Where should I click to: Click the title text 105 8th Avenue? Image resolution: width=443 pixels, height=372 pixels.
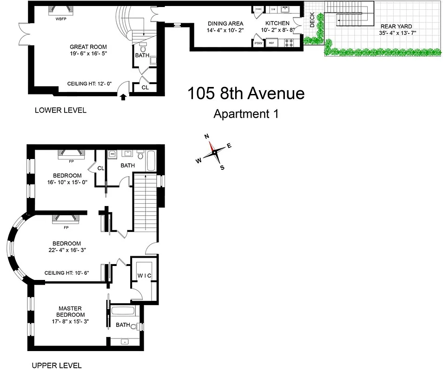click(x=246, y=93)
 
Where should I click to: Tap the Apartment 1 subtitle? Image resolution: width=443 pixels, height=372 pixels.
click(x=245, y=113)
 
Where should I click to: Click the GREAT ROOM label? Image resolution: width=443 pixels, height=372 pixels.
click(x=88, y=47)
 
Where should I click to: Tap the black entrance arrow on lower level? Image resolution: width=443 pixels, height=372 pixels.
click(x=123, y=97)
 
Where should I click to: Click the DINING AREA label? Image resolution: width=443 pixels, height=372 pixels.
click(x=223, y=24)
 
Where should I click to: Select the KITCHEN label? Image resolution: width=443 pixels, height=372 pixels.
click(x=278, y=24)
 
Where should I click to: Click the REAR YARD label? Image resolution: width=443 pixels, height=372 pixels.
click(x=396, y=27)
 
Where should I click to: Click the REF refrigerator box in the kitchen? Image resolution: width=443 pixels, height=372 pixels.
click(x=271, y=43)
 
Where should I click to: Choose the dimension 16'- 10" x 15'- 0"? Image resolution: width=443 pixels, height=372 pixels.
click(x=67, y=182)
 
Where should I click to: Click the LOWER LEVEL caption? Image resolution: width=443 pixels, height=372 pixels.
click(x=60, y=110)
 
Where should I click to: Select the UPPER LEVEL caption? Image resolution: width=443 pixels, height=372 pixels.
click(x=56, y=365)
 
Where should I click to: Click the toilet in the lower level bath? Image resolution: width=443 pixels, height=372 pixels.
click(x=143, y=48)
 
